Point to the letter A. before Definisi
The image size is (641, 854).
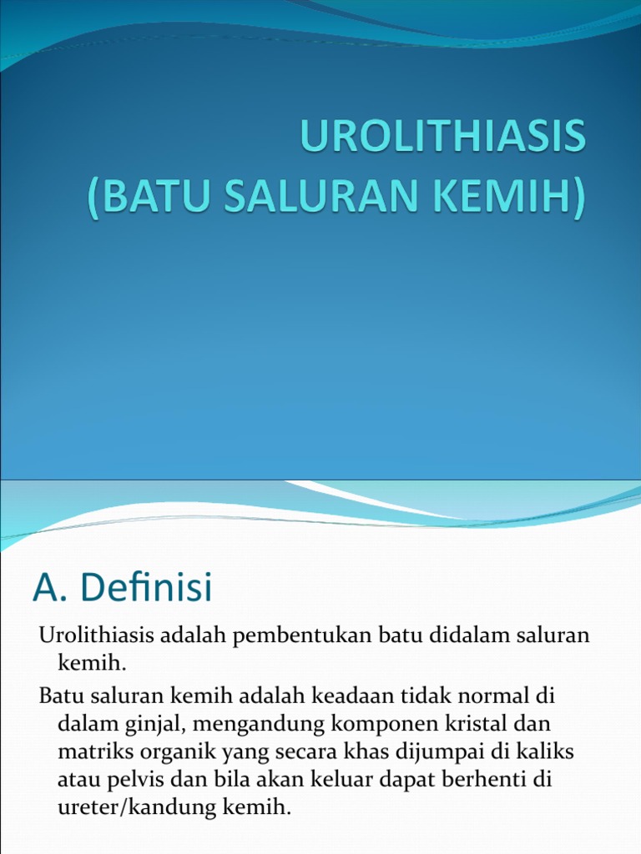51,589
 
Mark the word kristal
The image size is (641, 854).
478,722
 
